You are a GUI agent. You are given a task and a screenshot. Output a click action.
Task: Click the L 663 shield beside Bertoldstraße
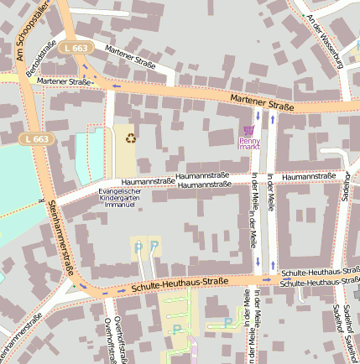point(75,49)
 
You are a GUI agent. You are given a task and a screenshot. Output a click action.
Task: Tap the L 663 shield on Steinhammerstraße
point(37,138)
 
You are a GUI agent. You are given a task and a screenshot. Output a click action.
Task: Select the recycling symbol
point(131,137)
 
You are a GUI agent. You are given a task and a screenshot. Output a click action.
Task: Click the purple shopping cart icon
point(248,130)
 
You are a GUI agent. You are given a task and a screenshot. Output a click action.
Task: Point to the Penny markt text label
point(249,144)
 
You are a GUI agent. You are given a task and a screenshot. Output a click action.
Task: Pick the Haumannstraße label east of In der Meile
point(309,177)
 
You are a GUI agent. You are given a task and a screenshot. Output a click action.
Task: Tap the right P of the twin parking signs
point(154,246)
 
